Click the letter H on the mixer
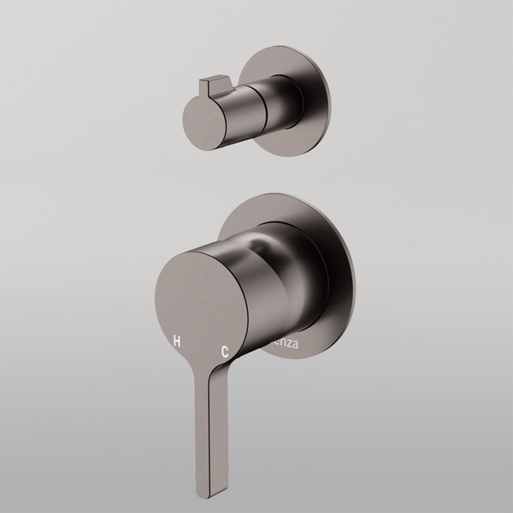[177, 340]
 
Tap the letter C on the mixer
[225, 351]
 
